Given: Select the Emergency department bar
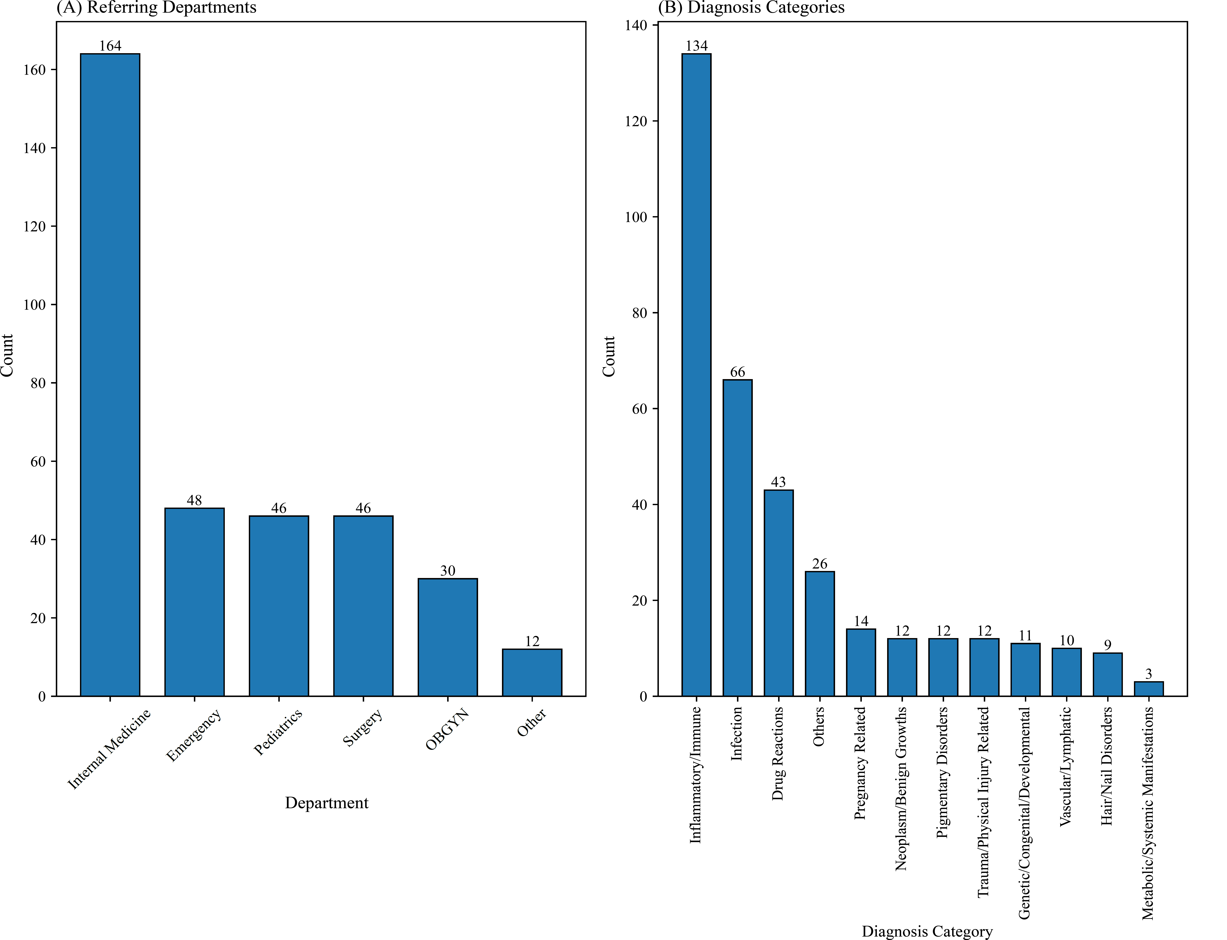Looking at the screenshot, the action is click(194, 602).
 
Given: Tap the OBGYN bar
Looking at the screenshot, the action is click(447, 637).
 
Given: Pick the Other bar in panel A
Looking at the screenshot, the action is click(532, 673).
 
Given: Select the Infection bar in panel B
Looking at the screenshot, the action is click(738, 538).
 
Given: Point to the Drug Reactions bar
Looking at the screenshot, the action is click(778, 593).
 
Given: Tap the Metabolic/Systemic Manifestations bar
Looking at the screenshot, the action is click(1149, 689).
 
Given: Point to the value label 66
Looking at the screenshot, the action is click(738, 372).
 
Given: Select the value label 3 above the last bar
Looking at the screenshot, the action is click(1149, 674).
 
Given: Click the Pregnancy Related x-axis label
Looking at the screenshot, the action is click(860, 763).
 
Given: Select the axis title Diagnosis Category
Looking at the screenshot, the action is click(927, 931).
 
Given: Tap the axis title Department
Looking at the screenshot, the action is click(326, 803).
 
